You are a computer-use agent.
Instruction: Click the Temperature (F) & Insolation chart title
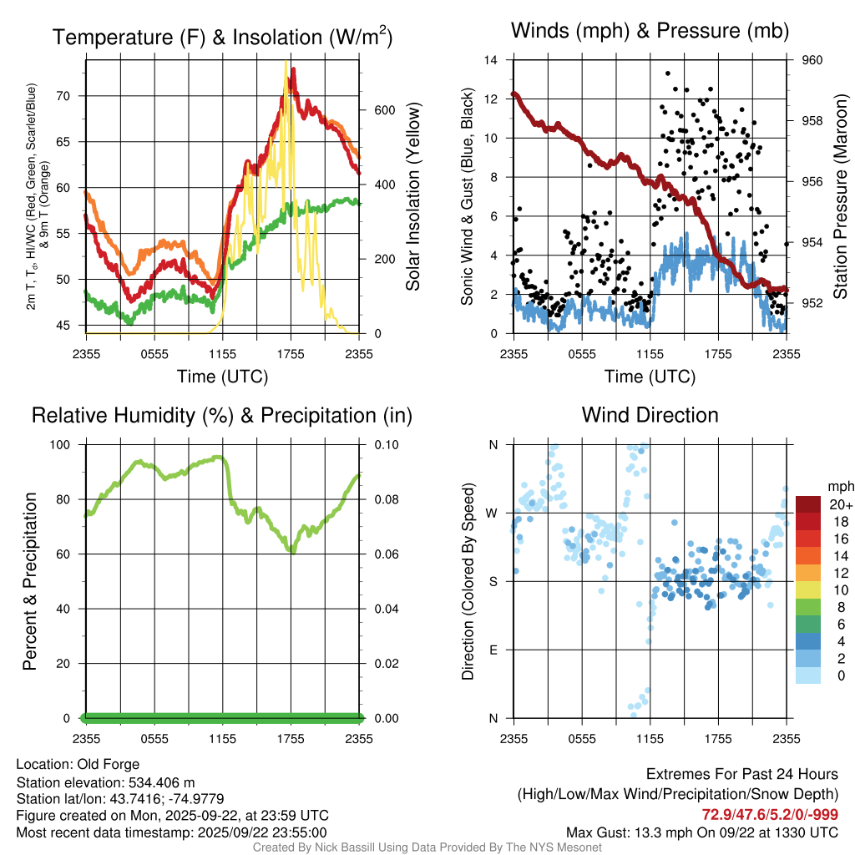[x=222, y=38]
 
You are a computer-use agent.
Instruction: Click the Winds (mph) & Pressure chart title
[x=650, y=32]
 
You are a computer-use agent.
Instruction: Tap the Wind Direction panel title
[x=650, y=415]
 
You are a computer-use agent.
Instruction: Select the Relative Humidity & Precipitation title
[x=222, y=415]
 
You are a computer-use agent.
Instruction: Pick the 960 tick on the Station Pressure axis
[x=812, y=60]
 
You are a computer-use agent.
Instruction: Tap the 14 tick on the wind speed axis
[x=491, y=60]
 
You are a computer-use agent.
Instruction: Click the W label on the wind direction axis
[x=493, y=513]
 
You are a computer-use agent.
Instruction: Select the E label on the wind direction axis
[x=493, y=650]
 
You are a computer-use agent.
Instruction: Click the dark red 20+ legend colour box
[x=807, y=504]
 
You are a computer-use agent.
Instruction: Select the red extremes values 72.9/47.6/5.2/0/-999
[x=770, y=814]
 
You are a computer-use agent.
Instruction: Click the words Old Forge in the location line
[x=109, y=764]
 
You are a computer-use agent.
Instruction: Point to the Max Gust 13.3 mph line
[x=702, y=832]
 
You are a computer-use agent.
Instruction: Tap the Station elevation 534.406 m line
[x=105, y=782]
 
